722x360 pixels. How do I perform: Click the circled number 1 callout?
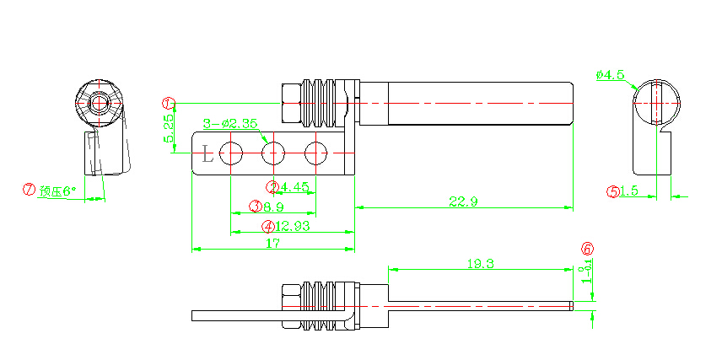tap(169, 103)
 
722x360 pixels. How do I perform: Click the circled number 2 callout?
tap(272, 187)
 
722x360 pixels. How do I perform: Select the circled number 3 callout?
tap(255, 207)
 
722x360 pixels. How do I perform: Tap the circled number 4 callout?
tap(267, 226)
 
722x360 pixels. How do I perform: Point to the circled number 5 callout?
tap(613, 191)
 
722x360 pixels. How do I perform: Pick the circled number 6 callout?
tap(588, 249)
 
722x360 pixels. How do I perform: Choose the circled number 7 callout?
tap(30, 191)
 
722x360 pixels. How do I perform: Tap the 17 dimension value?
tap(273, 244)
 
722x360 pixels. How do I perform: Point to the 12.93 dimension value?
tap(292, 226)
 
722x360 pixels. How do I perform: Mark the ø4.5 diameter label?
tap(610, 75)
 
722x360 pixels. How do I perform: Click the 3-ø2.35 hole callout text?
tap(230, 124)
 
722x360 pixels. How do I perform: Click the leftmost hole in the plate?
tap(230, 153)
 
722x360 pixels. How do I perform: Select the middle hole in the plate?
tap(272, 153)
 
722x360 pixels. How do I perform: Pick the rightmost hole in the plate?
tap(315, 153)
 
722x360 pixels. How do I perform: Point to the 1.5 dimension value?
tap(628, 191)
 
